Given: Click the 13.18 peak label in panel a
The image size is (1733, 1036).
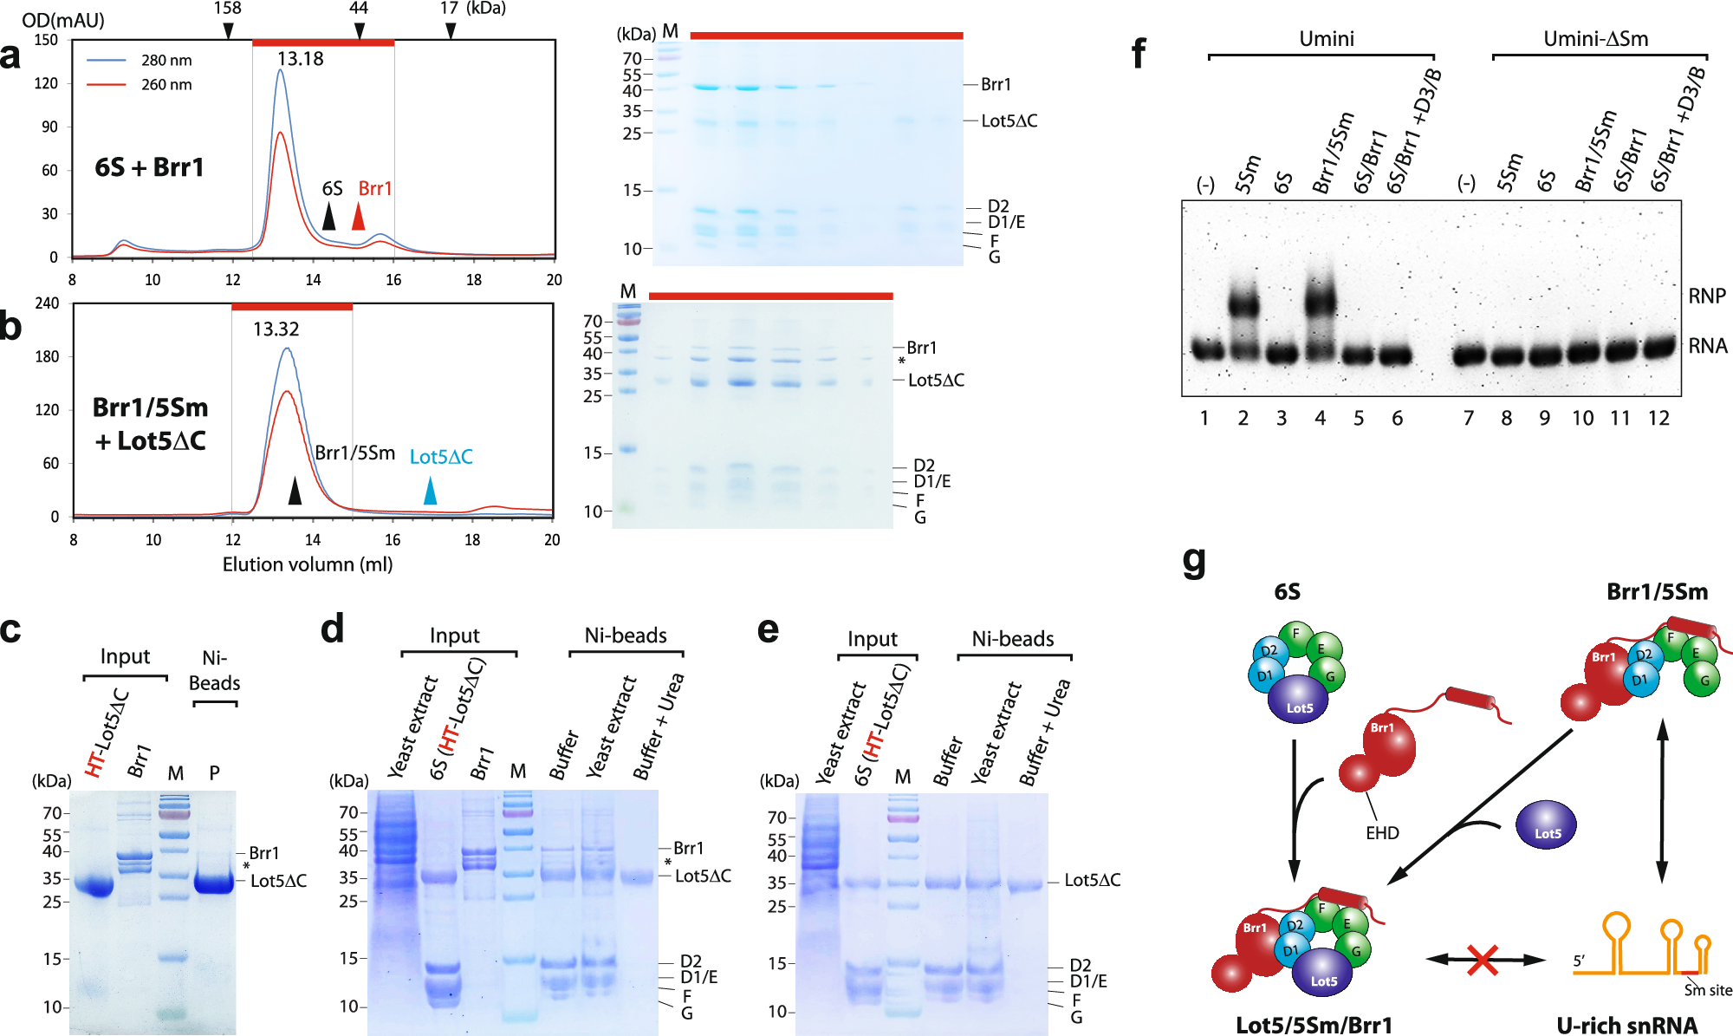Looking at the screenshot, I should click(x=300, y=59).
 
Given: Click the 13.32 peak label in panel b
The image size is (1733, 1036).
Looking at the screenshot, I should click(x=276, y=329).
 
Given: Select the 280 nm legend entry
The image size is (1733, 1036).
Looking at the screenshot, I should click(x=166, y=61).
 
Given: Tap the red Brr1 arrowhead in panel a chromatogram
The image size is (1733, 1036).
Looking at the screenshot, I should click(x=358, y=217).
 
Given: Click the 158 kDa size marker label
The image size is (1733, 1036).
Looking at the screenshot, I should click(x=227, y=9).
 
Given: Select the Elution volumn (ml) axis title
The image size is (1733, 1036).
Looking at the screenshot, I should click(x=308, y=564).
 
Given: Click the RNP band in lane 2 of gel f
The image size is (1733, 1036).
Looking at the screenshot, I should click(x=1243, y=304).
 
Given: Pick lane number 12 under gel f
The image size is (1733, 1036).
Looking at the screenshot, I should click(x=1658, y=419).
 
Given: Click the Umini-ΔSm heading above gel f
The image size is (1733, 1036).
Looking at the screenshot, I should click(x=1595, y=39).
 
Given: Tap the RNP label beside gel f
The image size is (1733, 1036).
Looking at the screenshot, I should click(x=1706, y=296).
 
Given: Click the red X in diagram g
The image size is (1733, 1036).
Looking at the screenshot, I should click(x=1483, y=960).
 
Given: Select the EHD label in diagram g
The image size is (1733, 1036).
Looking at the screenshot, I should click(x=1382, y=833).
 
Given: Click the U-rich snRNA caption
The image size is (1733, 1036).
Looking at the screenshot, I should click(x=1626, y=1026).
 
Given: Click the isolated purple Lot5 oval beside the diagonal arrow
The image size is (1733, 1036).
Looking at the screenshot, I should click(x=1546, y=825).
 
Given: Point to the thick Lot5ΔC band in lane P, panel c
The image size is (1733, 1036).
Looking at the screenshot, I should click(x=214, y=885).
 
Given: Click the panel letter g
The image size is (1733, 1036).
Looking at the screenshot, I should click(x=1194, y=561).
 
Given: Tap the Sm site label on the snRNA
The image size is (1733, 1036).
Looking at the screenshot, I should click(x=1708, y=990).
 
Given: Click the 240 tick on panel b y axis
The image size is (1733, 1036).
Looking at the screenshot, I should click(x=47, y=303).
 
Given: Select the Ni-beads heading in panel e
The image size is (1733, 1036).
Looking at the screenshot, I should click(x=1012, y=640).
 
